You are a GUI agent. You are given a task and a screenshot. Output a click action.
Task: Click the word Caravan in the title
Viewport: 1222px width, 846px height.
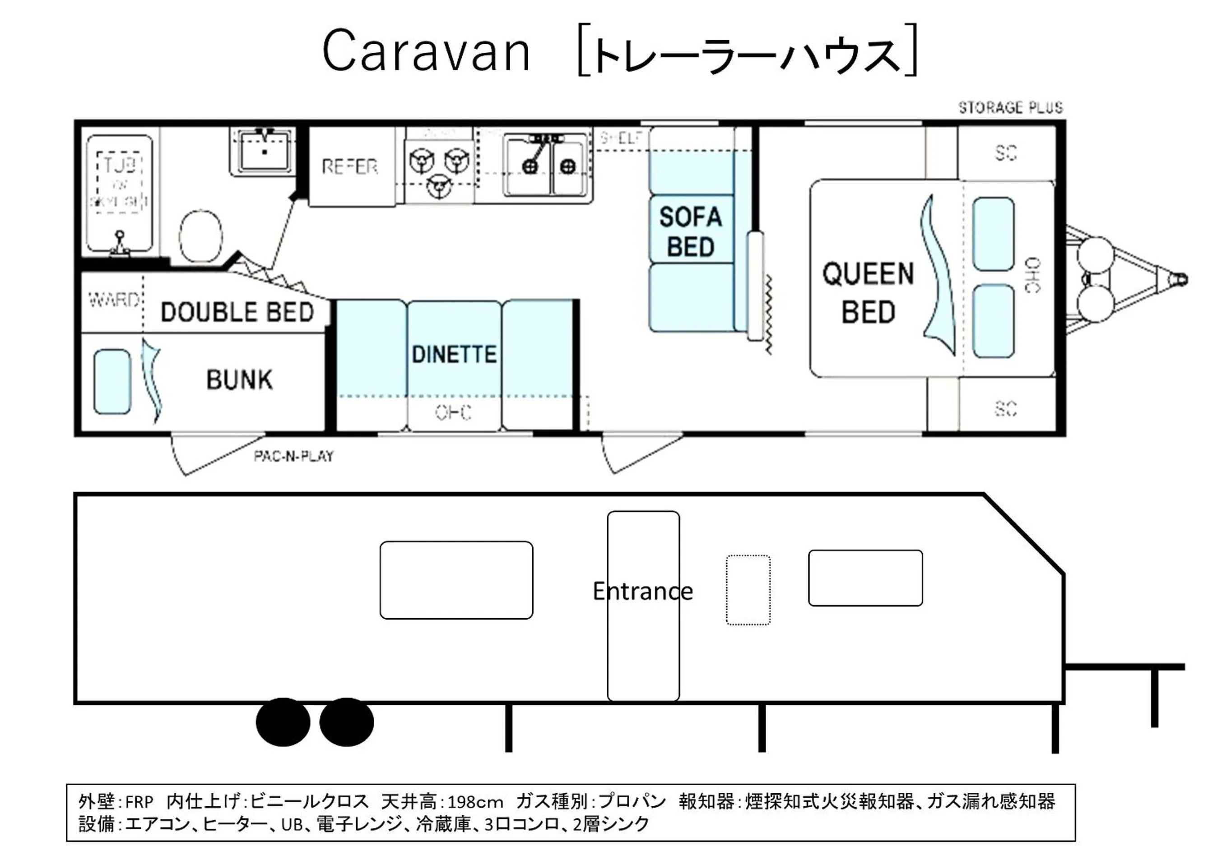[426, 51]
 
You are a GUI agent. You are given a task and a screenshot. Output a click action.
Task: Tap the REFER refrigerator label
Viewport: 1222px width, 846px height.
[349, 167]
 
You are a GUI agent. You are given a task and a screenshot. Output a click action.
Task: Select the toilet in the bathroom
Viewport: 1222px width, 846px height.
[200, 236]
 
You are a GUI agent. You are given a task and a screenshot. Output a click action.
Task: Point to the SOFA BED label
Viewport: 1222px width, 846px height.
[691, 231]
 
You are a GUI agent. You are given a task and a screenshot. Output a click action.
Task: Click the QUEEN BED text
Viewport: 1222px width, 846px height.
[868, 292]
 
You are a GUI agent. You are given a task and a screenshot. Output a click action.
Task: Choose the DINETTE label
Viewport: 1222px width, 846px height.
[454, 354]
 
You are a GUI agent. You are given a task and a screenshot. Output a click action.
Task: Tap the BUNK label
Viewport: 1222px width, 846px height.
[239, 380]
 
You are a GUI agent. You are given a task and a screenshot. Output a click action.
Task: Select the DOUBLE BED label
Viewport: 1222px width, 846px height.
[237, 312]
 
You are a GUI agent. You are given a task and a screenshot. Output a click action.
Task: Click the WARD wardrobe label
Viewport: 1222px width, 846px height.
[113, 300]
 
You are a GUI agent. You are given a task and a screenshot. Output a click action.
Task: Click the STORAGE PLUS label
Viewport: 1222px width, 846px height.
[1010, 107]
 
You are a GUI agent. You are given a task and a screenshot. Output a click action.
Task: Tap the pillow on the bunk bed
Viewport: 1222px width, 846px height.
[112, 382]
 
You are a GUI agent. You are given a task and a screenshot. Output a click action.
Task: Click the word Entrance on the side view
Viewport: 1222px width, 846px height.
[642, 591]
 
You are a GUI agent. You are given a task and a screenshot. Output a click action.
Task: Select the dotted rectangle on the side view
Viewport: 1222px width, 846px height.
[748, 590]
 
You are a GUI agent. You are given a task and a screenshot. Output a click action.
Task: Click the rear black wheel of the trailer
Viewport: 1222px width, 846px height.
[283, 722]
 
